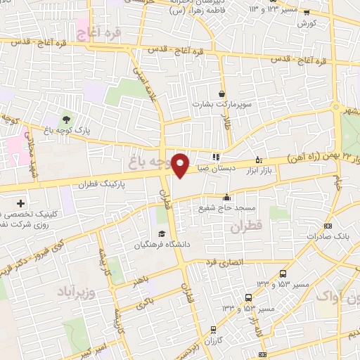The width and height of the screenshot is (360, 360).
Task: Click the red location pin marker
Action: [181, 165]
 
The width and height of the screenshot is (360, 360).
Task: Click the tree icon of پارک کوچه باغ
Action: [67, 119]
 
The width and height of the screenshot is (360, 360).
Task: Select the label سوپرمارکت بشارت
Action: [221, 105]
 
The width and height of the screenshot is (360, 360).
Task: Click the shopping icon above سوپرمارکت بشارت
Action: [222, 94]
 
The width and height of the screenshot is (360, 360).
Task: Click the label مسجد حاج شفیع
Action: [226, 209]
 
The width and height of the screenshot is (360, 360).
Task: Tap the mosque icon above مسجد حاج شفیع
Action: [226, 198]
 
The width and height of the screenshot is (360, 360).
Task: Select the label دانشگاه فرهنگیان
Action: [162, 245]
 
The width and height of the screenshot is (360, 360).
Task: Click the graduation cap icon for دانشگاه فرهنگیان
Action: [162, 234]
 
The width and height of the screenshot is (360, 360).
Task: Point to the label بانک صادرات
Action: [328, 237]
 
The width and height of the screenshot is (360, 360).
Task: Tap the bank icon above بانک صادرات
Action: [328, 226]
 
